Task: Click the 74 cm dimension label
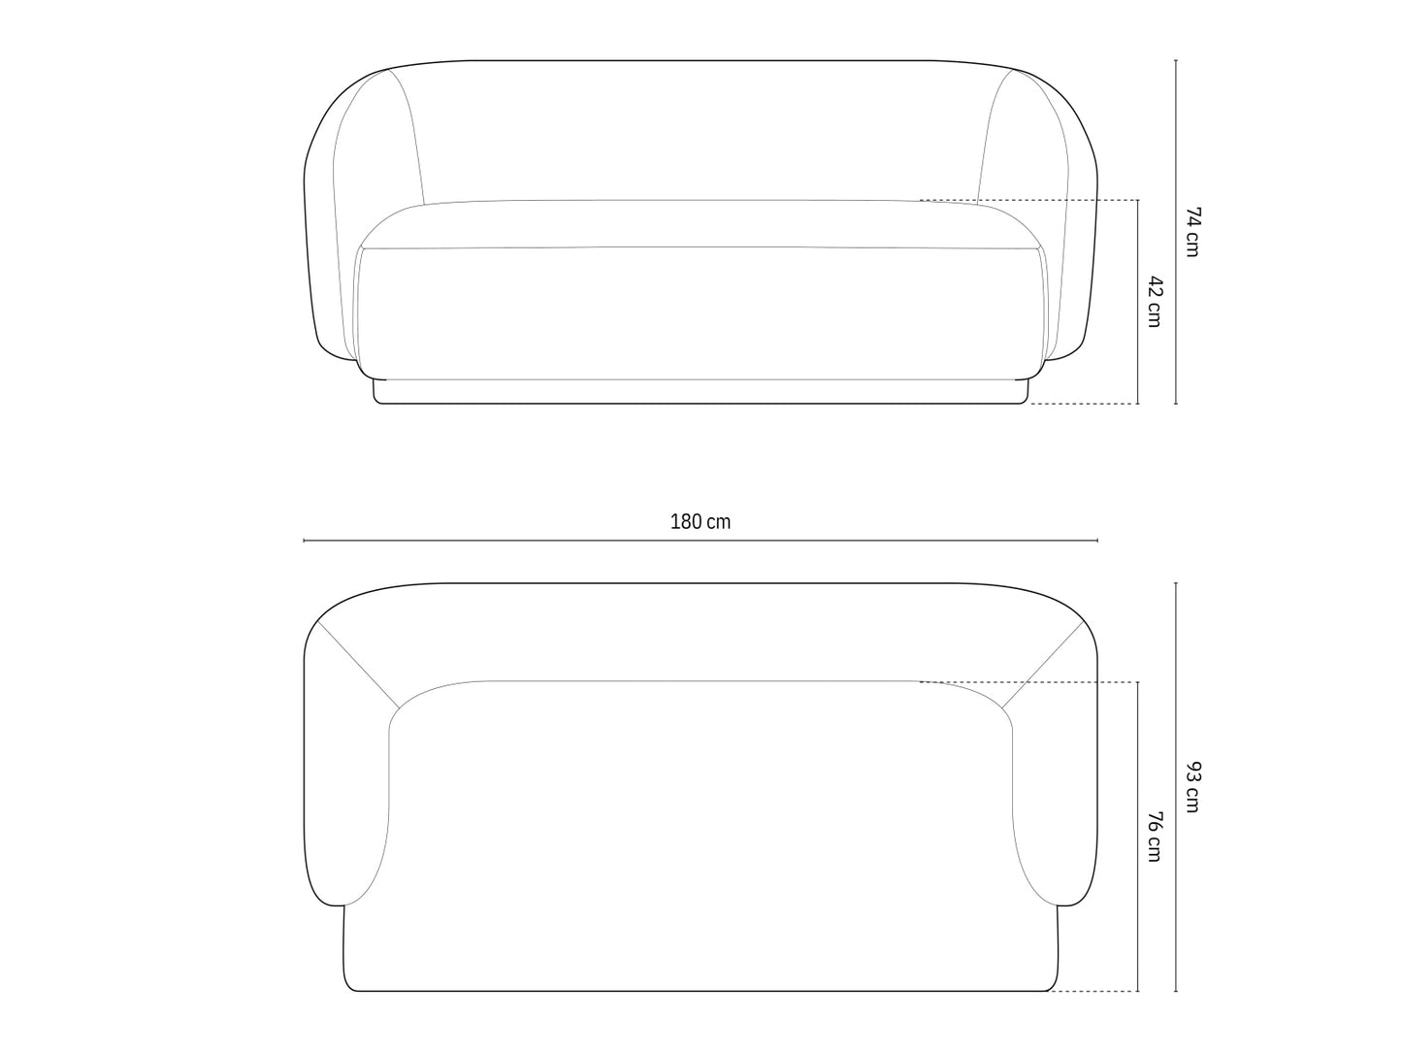point(1193,231)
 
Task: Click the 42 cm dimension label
point(1155,301)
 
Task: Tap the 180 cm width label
point(701,521)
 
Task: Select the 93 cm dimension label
point(1193,787)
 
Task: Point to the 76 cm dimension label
point(1155,836)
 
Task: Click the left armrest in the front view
point(335,243)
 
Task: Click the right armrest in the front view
point(1067,243)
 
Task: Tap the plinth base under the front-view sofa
point(701,392)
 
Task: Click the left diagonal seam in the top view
point(359,665)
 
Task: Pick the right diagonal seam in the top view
point(1043,665)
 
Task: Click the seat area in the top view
point(701,825)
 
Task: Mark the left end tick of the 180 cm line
point(305,540)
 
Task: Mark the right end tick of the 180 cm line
point(1097,540)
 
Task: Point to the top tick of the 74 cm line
point(1176,60)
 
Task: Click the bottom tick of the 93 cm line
point(1176,991)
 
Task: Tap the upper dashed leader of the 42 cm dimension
point(1028,200)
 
